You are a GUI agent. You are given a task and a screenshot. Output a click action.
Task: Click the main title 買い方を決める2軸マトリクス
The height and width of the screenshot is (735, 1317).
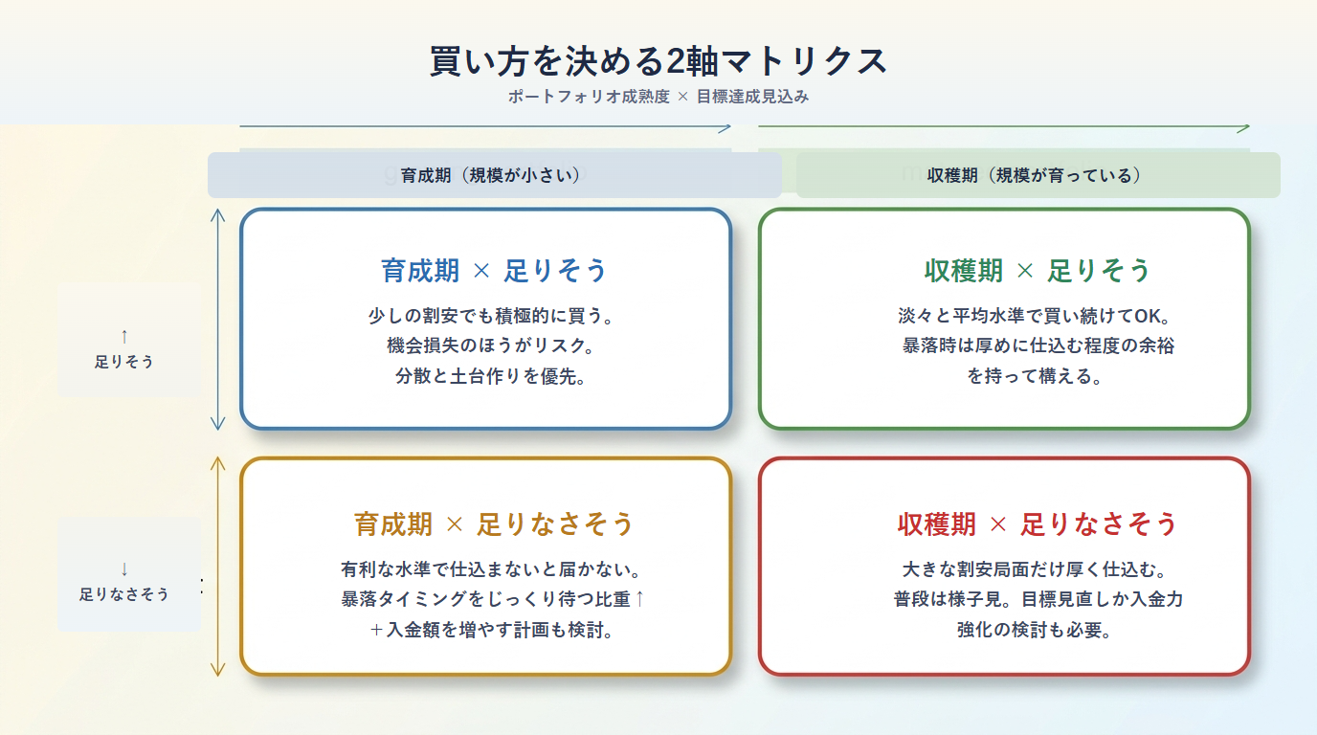(658, 61)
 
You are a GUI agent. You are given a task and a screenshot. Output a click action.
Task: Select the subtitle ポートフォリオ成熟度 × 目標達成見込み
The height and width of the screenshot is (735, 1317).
(658, 97)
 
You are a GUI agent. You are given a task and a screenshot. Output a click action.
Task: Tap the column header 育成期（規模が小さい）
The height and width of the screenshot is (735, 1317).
(491, 175)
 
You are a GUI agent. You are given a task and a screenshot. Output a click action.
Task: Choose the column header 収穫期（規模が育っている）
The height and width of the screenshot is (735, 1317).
(1035, 175)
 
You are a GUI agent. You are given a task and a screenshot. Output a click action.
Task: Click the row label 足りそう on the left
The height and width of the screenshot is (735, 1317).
(124, 362)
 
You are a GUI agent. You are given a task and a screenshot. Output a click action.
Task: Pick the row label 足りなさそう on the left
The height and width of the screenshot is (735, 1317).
(124, 593)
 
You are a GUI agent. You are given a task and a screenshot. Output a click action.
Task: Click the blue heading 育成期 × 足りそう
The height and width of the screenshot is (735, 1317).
(494, 271)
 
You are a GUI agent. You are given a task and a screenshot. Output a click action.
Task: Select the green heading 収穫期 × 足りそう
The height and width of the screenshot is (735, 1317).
(1038, 271)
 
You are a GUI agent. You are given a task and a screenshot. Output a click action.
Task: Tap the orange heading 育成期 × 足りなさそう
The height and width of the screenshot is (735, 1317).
(494, 524)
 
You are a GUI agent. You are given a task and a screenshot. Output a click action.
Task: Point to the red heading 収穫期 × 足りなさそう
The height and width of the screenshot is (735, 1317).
(1038, 524)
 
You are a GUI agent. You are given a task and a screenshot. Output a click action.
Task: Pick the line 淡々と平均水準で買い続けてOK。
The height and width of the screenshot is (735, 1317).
(1035, 316)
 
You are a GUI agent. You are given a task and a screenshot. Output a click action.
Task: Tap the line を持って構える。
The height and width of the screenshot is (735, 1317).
(1035, 376)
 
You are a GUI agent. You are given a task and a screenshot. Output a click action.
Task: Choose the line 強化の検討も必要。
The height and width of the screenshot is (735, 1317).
(1035, 630)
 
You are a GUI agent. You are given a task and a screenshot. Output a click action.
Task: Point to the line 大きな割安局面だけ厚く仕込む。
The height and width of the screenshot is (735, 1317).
(1035, 569)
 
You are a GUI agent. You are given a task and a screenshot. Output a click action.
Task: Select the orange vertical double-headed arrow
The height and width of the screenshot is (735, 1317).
(218, 567)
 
